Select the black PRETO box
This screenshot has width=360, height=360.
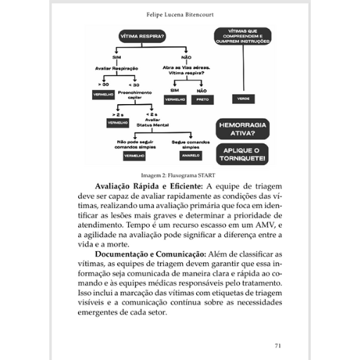[x=202, y=100]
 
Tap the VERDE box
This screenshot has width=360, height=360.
[x=243, y=99]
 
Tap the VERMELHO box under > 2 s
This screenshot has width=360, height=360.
[x=116, y=122]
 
